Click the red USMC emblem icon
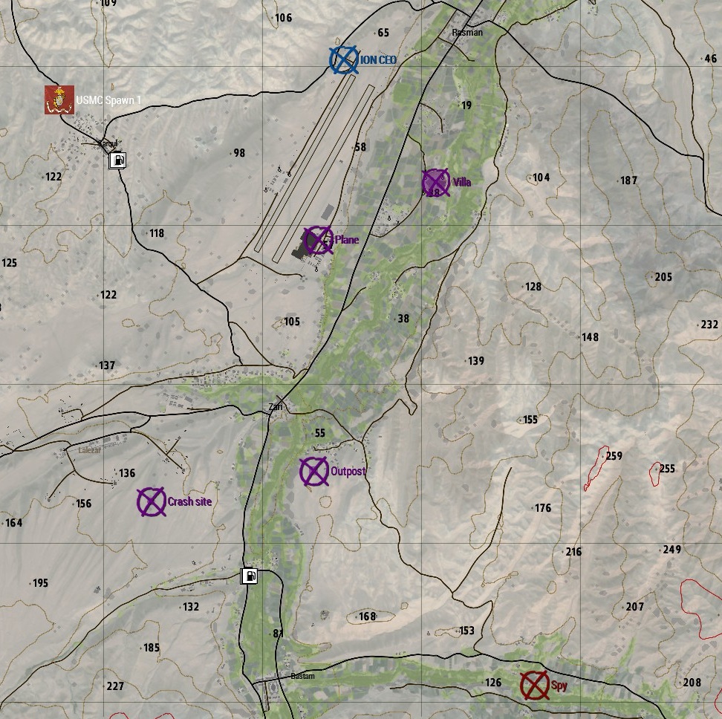coord(59,100)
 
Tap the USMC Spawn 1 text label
coord(108,100)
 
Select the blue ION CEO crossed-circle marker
coord(344,60)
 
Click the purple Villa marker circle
coord(436,183)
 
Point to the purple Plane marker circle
coord(319,240)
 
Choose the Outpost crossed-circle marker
coord(314,471)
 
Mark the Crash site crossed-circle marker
coord(152,502)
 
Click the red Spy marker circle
coord(534,686)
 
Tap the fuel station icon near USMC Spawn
coord(117,160)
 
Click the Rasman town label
coord(467,33)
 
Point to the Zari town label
coord(276,407)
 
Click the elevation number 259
coord(614,456)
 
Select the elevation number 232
coord(709,325)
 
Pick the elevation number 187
coord(628,180)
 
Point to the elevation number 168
coord(367,616)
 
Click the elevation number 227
coord(115,686)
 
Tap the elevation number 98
coord(238,153)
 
